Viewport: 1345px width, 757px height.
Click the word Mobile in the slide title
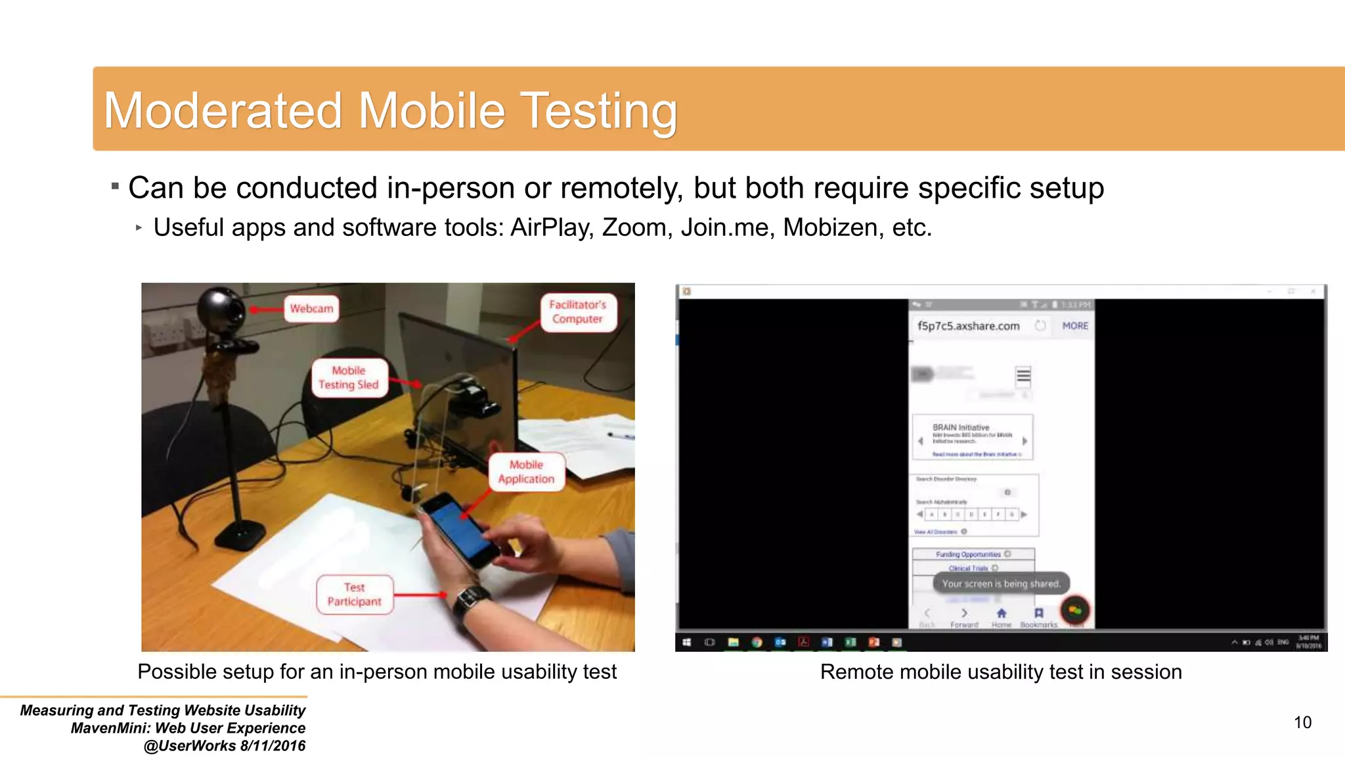click(x=431, y=110)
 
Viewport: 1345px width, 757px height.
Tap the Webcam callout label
click(x=311, y=308)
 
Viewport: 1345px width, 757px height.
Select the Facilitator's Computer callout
click(x=577, y=312)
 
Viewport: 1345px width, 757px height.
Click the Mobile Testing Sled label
click(x=349, y=378)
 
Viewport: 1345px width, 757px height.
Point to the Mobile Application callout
click(x=526, y=472)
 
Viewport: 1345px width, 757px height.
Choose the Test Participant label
click(x=354, y=595)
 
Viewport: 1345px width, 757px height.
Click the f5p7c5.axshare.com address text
click(x=968, y=326)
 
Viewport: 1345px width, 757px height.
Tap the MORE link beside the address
click(x=1075, y=326)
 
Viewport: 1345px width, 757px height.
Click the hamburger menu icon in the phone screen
click(x=1023, y=376)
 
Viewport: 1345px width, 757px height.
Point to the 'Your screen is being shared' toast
click(x=1000, y=584)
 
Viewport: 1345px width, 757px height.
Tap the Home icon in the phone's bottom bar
click(x=1002, y=614)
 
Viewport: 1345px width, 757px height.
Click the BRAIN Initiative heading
click(x=960, y=427)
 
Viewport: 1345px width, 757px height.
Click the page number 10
click(x=1302, y=723)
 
